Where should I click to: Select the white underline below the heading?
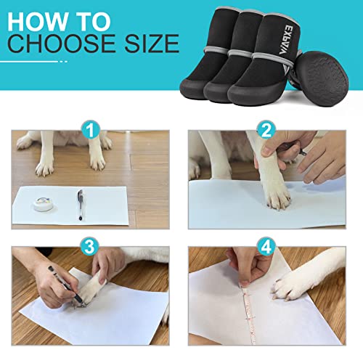29,61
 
